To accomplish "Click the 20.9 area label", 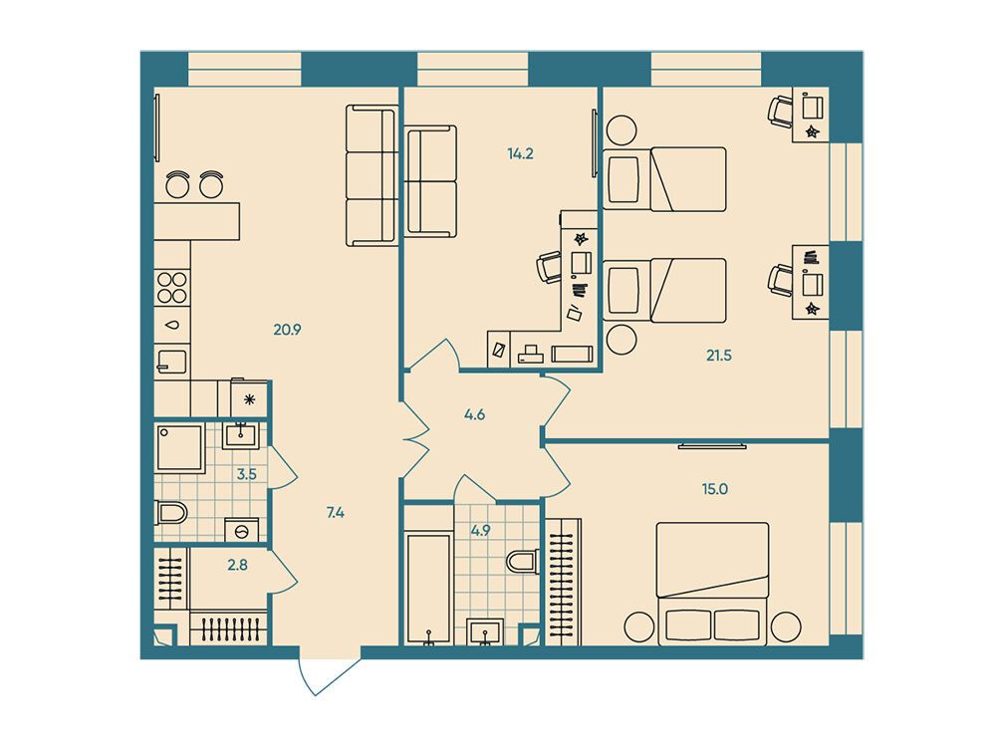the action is click(287, 330).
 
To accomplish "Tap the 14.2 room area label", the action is click(520, 153).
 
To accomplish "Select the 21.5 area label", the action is click(719, 356).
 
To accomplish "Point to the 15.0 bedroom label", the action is click(714, 489).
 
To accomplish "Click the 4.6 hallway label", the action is click(474, 415).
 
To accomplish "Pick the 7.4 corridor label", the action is click(336, 513).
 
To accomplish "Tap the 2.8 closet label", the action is click(238, 565).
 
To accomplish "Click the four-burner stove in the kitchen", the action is click(171, 287).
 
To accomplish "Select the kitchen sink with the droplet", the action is click(171, 325).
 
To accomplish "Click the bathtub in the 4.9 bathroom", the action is click(428, 589).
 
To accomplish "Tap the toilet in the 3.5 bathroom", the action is click(170, 512).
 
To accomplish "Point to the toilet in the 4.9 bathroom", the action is click(523, 561).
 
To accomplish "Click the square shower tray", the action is click(179, 448).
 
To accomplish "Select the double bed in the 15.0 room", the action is click(712, 583).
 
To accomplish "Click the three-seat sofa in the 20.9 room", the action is click(372, 175).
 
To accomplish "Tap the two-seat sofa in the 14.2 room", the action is click(430, 181).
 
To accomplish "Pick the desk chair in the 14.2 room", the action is click(550, 267).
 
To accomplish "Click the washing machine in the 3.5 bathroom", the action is click(241, 530).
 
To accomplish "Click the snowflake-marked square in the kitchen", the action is click(249, 399).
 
